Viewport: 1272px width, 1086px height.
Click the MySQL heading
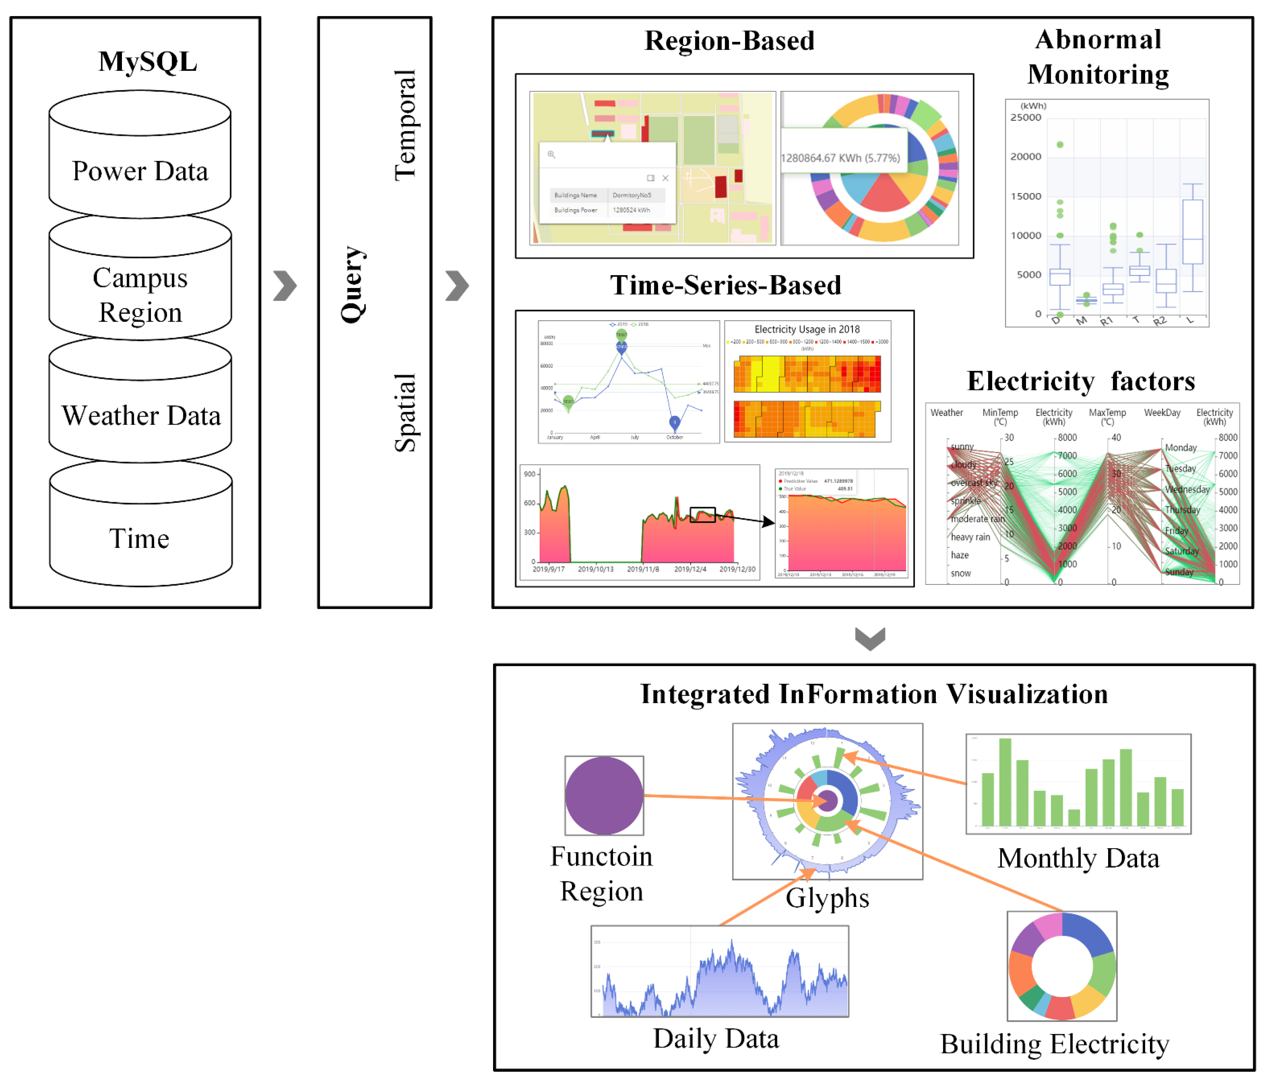(x=147, y=61)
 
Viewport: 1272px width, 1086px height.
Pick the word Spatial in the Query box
(x=405, y=412)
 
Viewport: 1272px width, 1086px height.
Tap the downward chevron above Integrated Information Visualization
(x=870, y=638)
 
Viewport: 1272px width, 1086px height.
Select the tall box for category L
(x=1192, y=232)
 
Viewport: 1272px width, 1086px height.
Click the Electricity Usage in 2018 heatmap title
(x=807, y=330)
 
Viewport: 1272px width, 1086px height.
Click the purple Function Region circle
(x=604, y=795)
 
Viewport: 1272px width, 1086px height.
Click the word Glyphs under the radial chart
(x=827, y=898)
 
